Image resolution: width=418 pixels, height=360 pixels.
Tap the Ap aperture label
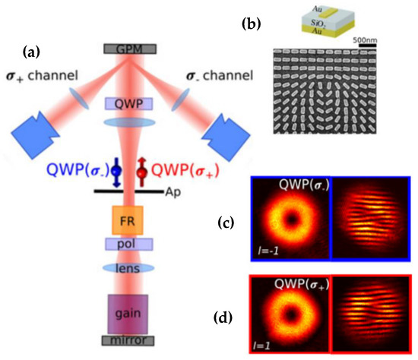[x=174, y=193]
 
